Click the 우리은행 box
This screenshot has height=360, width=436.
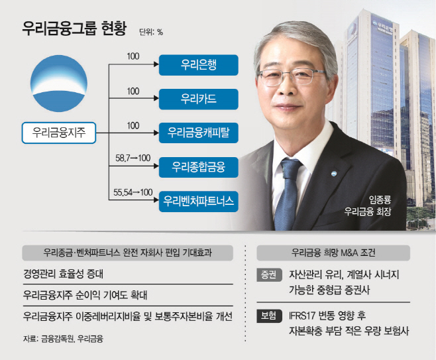199,65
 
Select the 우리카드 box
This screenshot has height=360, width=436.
199,99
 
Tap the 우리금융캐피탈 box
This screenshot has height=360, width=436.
199,133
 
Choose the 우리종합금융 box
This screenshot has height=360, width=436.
199,167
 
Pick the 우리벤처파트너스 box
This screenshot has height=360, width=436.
199,202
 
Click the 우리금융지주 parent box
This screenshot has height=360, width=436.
59,133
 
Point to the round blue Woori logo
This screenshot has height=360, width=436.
59,84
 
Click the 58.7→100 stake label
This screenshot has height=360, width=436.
133,158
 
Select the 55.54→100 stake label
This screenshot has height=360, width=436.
133,192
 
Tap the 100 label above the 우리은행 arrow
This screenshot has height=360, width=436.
133,56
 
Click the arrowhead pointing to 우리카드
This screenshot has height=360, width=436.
156,98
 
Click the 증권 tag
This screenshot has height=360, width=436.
269,275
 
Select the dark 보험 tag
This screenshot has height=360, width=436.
269,316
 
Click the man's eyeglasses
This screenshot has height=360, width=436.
291,77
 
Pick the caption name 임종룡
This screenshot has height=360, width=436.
380,200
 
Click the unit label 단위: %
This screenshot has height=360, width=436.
151,32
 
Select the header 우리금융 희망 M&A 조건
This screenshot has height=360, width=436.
333,253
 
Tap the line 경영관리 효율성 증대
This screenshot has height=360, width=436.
63,274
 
